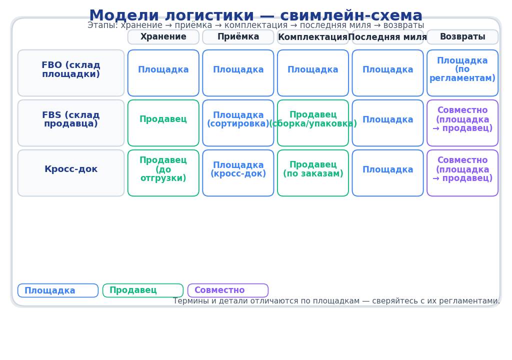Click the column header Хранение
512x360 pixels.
pyautogui.click(x=163, y=37)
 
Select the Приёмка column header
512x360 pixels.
pyautogui.click(x=238, y=37)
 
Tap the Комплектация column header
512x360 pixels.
pyautogui.click(x=313, y=37)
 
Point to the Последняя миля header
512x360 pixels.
pyautogui.click(x=387, y=37)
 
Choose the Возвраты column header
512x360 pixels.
pyautogui.click(x=462, y=37)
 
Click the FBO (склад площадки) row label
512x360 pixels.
pyautogui.click(x=71, y=73)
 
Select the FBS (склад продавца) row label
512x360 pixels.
pyautogui.click(x=71, y=123)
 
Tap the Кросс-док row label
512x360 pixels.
pyautogui.click(x=71, y=173)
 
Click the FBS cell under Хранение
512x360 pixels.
pyautogui.click(x=163, y=123)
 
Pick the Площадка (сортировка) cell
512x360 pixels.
pyautogui.click(x=238, y=123)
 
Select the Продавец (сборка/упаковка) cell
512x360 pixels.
pyautogui.click(x=313, y=123)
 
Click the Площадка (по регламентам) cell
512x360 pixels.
pyautogui.click(x=462, y=73)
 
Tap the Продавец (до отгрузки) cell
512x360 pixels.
pyautogui.click(x=163, y=173)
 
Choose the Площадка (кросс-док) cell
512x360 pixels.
pyautogui.click(x=238, y=173)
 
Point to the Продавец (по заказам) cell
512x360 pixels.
pyautogui.click(x=313, y=173)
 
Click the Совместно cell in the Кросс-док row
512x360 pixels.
pyautogui.click(x=462, y=173)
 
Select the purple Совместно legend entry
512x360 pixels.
pyautogui.click(x=228, y=290)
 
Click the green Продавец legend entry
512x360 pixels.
pyautogui.click(x=143, y=290)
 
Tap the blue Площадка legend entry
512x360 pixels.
pyautogui.click(x=58, y=290)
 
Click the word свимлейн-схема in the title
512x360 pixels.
pyautogui.click(x=351, y=16)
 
